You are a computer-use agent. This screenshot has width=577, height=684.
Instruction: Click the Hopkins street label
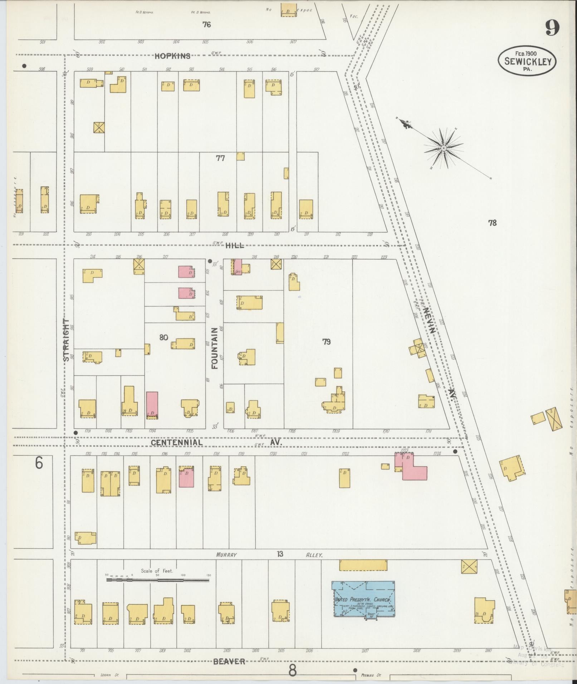click(172, 56)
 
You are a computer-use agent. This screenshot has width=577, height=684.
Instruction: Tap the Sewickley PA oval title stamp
click(527, 61)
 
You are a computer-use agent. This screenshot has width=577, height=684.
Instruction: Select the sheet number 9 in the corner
click(552, 28)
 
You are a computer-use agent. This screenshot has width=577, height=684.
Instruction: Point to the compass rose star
click(443, 148)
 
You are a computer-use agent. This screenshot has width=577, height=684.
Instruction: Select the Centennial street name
click(176, 442)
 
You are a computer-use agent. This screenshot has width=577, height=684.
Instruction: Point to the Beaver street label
click(229, 661)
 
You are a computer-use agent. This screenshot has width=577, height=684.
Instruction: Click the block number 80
click(163, 337)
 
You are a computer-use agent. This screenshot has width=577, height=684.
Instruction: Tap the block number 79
click(326, 342)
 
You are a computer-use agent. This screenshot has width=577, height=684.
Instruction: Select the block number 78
click(492, 223)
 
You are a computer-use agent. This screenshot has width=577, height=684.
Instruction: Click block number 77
click(220, 158)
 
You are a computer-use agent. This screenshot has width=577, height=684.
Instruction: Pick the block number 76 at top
click(206, 24)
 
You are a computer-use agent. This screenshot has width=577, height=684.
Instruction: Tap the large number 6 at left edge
click(39, 463)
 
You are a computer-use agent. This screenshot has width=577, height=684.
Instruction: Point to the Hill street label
click(235, 245)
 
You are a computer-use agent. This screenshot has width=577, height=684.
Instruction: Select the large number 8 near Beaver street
click(292, 671)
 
